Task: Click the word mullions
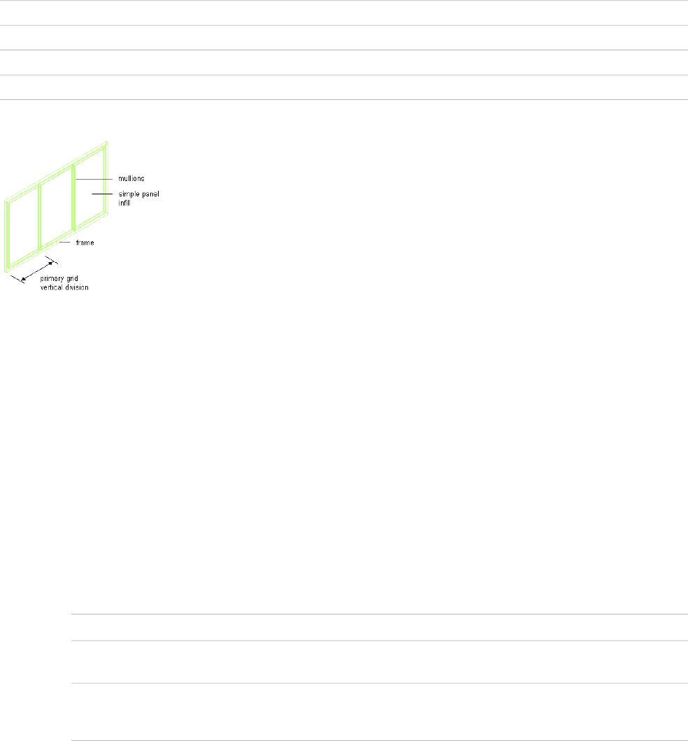pos(131,179)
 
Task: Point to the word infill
pos(124,203)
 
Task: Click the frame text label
pos(85,243)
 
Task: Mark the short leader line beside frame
pos(65,243)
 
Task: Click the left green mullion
pos(39,217)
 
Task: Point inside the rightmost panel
pos(89,189)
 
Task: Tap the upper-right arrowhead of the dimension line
pos(50,264)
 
